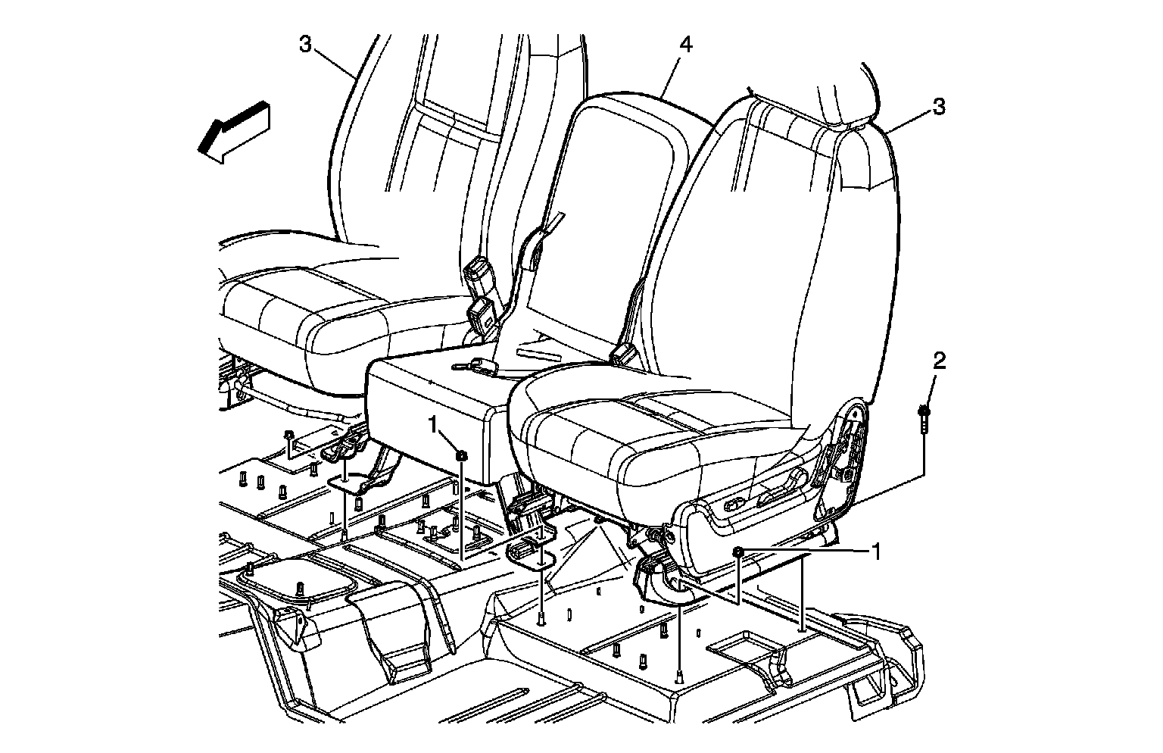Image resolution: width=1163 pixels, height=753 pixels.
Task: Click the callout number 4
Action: pyautogui.click(x=685, y=45)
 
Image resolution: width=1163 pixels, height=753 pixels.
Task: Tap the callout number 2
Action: pyautogui.click(x=939, y=361)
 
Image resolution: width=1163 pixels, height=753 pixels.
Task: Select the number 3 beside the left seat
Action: pyautogui.click(x=304, y=45)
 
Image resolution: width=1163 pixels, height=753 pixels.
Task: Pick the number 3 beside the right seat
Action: pyautogui.click(x=939, y=107)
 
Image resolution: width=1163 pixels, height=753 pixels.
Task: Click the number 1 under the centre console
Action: pyautogui.click(x=433, y=425)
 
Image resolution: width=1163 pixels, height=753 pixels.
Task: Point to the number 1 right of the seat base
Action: pyautogui.click(x=876, y=551)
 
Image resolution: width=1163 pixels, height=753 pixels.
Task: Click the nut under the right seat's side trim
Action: pyautogui.click(x=738, y=552)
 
